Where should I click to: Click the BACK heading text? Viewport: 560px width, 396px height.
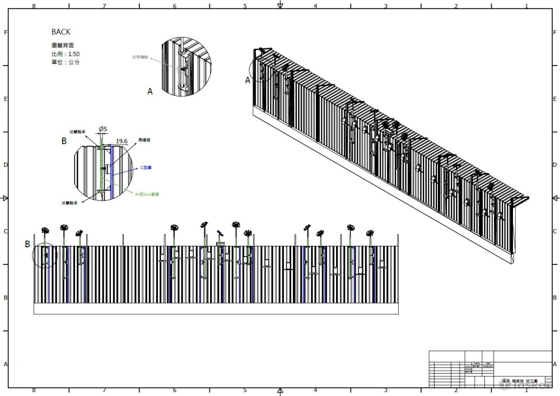(x=61, y=32)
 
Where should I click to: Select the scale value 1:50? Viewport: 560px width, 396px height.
(x=72, y=53)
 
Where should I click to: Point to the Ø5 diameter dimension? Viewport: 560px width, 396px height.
(x=103, y=129)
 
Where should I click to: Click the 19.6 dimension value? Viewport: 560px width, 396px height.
(x=123, y=142)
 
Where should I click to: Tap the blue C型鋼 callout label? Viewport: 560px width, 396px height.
(x=146, y=167)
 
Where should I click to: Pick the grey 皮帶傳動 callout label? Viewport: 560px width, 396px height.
(x=141, y=57)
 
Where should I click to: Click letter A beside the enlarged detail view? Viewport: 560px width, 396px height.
(x=150, y=91)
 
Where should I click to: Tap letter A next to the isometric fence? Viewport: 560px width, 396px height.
(x=248, y=80)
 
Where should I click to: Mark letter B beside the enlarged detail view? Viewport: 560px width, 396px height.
(x=64, y=141)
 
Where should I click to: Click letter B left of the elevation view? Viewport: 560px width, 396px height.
(x=27, y=244)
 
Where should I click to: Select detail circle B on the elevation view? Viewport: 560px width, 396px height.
(x=45, y=255)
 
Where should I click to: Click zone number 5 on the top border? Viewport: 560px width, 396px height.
(x=245, y=6)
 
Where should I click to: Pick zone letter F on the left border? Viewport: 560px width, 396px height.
(x=6, y=32)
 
